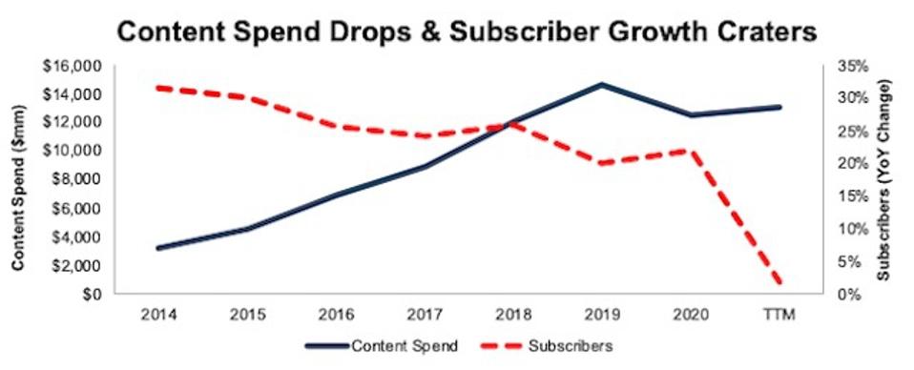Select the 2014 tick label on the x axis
(156, 313)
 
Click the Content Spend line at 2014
(156, 248)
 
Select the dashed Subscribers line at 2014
(156, 88)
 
